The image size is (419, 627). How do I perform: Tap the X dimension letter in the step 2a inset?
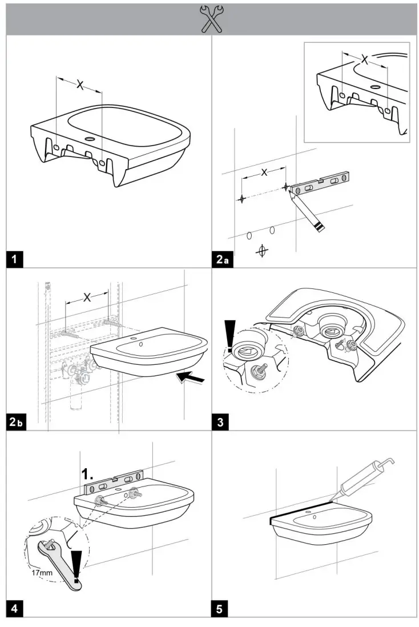coord(364,58)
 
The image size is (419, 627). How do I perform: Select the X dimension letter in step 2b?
coord(87,297)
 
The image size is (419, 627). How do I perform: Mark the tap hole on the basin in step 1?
coord(91,139)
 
